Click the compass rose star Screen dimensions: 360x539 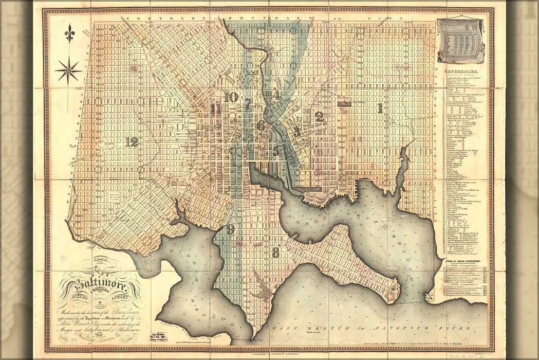pos(68,70)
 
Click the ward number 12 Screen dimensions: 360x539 pos(132,141)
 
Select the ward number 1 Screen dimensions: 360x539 pos(380,108)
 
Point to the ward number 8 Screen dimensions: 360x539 pos(276,253)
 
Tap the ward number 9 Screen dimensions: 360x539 pos(231,229)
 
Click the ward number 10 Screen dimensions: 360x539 pos(231,96)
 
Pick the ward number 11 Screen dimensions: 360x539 pos(215,109)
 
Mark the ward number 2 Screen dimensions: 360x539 pos(319,117)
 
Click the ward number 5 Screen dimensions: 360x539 pos(276,151)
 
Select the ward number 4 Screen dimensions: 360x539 pos(276,95)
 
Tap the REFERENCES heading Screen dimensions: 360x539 pos(461,73)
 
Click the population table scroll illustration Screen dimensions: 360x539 pos(461,41)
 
